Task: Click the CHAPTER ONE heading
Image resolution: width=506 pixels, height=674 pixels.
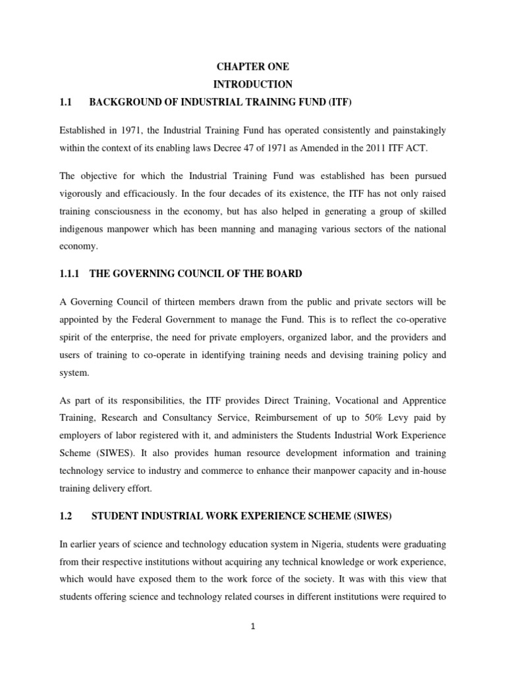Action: click(x=252, y=67)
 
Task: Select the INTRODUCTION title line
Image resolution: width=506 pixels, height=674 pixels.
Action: click(x=252, y=84)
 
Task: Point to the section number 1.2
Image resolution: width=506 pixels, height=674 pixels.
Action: click(x=65, y=517)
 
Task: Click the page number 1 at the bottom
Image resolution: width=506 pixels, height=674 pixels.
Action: click(x=252, y=627)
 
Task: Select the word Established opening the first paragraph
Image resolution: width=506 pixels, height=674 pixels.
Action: click(x=83, y=130)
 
